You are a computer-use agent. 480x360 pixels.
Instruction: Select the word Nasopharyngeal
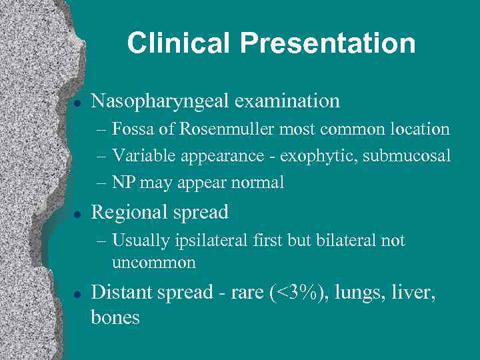click(x=161, y=101)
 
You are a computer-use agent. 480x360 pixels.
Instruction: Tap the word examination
click(x=288, y=101)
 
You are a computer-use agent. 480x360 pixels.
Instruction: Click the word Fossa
click(x=131, y=129)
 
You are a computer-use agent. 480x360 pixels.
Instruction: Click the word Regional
click(x=128, y=213)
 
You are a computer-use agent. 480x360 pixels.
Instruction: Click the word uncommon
click(x=154, y=262)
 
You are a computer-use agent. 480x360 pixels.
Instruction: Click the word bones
click(x=115, y=317)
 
